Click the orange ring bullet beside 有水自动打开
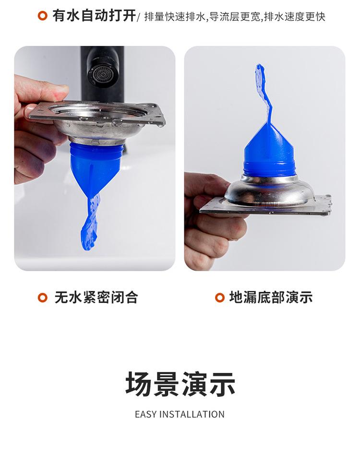pos(43,16)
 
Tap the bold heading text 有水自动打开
pos(94,16)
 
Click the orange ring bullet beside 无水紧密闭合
pos(43,297)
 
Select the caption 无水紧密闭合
pos(96,297)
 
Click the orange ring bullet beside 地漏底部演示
pos(220,297)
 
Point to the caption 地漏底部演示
pos(271,297)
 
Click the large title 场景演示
pos(180,384)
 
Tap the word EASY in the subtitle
pos(146,415)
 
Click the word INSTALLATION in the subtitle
pos(192,415)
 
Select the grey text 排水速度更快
pos(295,16)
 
